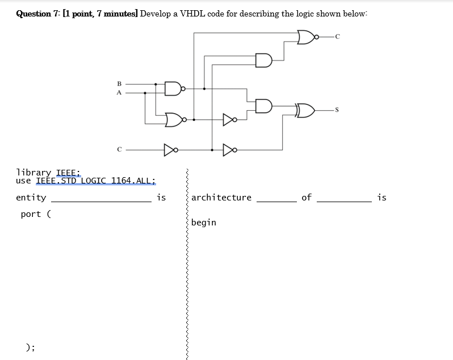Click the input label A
(x=119, y=92)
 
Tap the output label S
(x=337, y=108)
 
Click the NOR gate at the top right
(x=307, y=37)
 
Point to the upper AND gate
(x=263, y=60)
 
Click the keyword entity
(x=31, y=198)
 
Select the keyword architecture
(x=221, y=198)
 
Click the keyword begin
(x=204, y=223)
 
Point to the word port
(x=31, y=214)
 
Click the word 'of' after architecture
(x=307, y=198)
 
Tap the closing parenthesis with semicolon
(x=30, y=348)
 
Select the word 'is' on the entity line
(x=161, y=198)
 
